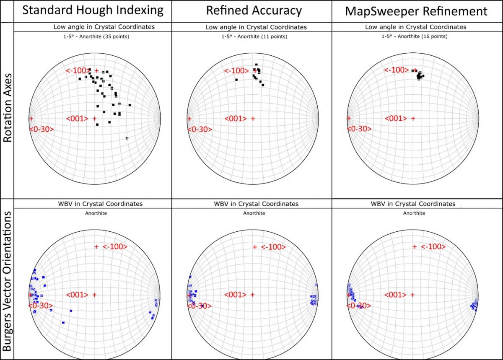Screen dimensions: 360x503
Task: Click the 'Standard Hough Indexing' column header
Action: tap(92, 10)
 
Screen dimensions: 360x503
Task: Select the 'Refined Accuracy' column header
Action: tap(254, 10)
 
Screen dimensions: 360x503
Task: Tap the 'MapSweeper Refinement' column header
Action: tap(416, 11)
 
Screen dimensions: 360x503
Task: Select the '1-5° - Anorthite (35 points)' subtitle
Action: tap(93, 36)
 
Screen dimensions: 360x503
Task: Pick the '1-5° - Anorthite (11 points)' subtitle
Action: tap(254, 36)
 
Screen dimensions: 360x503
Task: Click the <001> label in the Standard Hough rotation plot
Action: tap(77, 119)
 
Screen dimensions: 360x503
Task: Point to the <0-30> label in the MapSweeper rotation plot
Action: tap(359, 129)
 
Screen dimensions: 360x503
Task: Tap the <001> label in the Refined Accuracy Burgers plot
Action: tap(236, 295)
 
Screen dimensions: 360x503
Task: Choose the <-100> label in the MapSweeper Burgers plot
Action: tap(433, 247)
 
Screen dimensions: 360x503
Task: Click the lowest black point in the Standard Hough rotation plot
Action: tap(127, 138)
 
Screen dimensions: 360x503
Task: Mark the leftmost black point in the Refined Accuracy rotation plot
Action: tap(236, 80)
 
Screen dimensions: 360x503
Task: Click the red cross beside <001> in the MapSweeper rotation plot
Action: tap(413, 119)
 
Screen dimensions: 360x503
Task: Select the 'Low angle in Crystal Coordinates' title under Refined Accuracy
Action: tap(256, 27)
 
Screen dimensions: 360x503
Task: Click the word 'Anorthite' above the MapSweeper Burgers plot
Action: tap(414, 213)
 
